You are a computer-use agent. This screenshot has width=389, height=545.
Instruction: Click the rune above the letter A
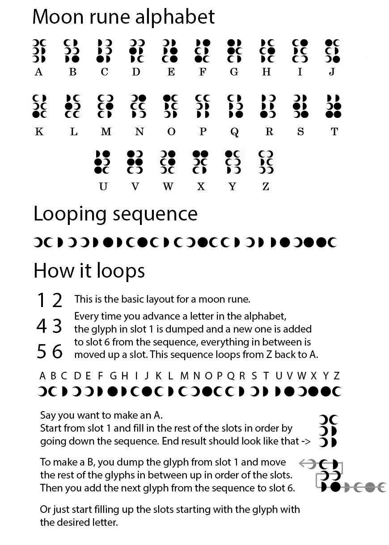click(x=39, y=51)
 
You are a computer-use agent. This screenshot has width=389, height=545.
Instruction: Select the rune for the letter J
click(x=333, y=51)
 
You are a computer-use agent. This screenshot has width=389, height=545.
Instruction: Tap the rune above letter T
click(x=333, y=106)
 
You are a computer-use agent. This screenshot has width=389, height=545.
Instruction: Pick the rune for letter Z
click(x=266, y=162)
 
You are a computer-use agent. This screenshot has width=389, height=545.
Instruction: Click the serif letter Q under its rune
click(x=234, y=132)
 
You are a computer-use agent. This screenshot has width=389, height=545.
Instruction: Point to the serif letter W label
click(x=168, y=187)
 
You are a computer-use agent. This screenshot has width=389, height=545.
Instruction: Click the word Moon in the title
click(x=58, y=17)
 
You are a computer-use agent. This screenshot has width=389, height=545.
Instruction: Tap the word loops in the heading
click(x=120, y=270)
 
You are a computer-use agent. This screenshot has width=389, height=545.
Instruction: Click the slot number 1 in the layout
click(x=41, y=300)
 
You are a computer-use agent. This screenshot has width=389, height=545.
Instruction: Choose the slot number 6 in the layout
click(x=57, y=351)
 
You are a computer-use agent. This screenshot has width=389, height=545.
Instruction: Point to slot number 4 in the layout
click(x=42, y=326)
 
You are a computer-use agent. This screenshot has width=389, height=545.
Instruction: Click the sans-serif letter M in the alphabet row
click(x=185, y=376)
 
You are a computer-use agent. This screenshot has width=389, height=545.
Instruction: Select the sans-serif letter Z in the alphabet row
click(x=336, y=376)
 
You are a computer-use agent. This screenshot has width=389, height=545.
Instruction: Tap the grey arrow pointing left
click(x=307, y=463)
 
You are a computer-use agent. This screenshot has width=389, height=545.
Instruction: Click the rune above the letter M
click(x=106, y=106)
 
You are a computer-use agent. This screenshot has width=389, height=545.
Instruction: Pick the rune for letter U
click(x=102, y=162)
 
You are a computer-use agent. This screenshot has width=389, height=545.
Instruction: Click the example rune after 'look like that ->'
click(x=328, y=431)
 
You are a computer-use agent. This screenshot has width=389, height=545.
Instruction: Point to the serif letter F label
click(x=203, y=72)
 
